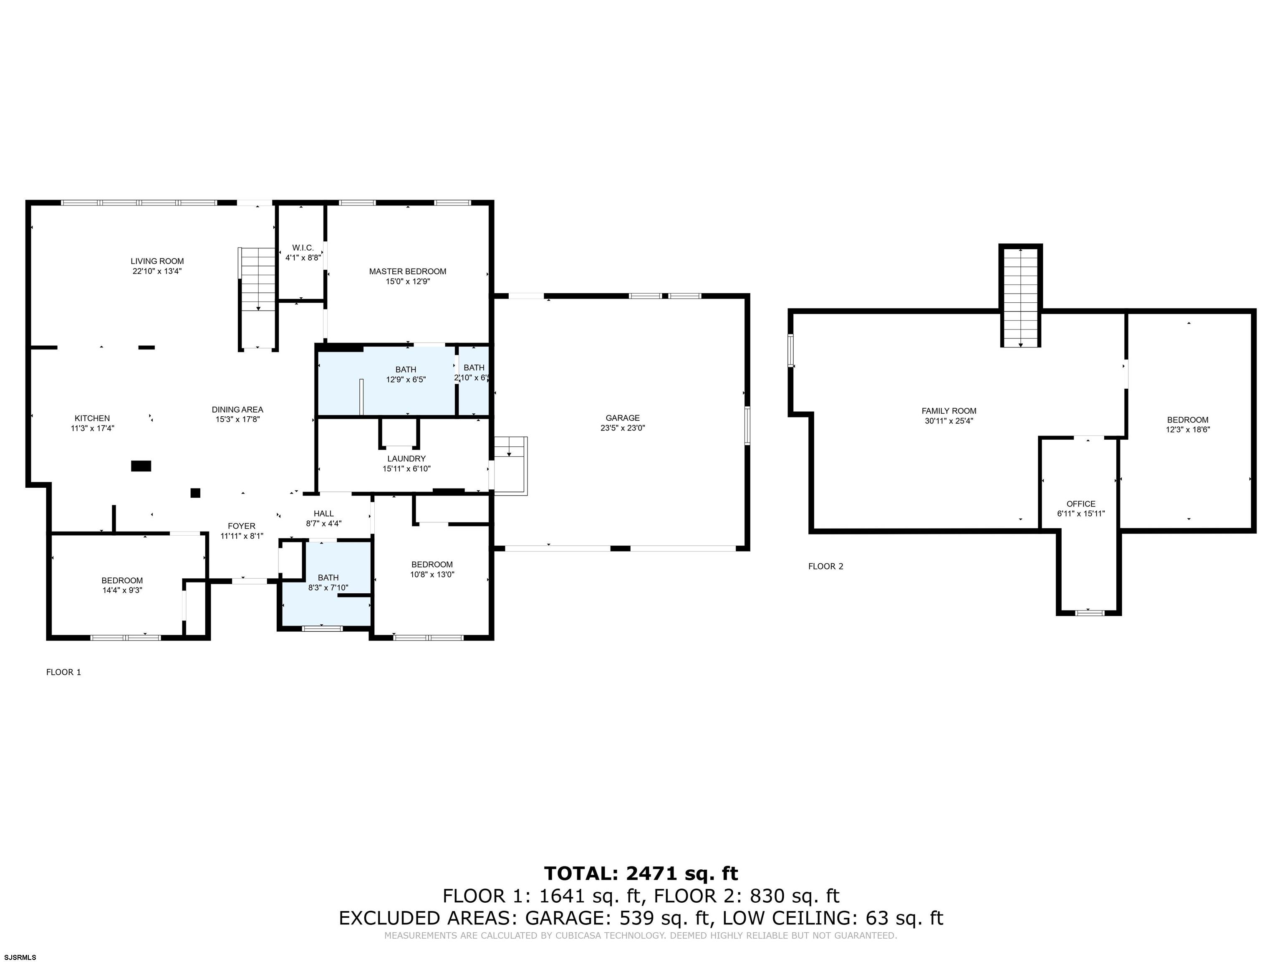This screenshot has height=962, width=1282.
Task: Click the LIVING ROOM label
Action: [x=157, y=261]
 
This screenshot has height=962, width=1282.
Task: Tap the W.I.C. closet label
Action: [x=303, y=248]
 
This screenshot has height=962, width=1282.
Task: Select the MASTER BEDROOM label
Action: [x=407, y=271]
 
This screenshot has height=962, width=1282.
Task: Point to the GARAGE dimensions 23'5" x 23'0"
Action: [x=623, y=428]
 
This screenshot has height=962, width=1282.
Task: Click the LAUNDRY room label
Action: [x=406, y=459]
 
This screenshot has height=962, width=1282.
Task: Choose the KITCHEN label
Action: [x=92, y=418]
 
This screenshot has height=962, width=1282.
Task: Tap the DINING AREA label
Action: [x=237, y=409]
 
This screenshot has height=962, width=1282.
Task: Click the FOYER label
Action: [x=242, y=526]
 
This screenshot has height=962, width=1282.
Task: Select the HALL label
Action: [x=323, y=513]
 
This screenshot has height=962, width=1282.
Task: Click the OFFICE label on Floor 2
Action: [x=1081, y=504]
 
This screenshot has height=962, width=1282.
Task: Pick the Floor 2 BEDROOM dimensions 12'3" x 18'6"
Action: [x=1188, y=430]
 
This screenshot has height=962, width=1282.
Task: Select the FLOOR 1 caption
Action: [x=64, y=672]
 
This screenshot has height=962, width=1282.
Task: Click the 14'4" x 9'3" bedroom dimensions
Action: [x=122, y=590]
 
